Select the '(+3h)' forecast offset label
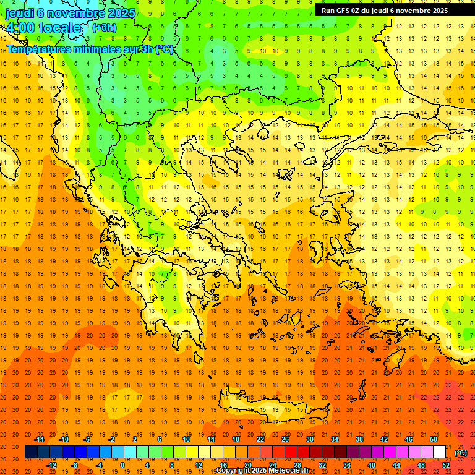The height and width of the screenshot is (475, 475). [104, 27]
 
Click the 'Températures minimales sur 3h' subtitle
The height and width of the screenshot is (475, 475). [90, 49]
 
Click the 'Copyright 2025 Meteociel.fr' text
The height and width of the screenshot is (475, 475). [271, 471]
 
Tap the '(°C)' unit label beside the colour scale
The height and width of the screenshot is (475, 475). [460, 453]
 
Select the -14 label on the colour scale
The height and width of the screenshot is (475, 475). [40, 439]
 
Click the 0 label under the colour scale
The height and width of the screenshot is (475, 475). [122, 465]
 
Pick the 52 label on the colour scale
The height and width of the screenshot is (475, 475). [446, 465]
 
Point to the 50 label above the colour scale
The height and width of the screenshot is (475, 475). [434, 439]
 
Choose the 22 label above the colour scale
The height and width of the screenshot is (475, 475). [260, 439]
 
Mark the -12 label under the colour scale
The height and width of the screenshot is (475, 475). [52, 465]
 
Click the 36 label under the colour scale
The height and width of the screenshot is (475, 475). [346, 465]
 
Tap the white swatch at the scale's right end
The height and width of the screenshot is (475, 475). [439, 452]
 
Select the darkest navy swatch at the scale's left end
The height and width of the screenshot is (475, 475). [31, 452]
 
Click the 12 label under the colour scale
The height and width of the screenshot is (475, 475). [198, 465]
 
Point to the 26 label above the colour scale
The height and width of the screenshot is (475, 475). [285, 439]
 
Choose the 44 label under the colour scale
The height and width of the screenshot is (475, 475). [396, 465]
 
